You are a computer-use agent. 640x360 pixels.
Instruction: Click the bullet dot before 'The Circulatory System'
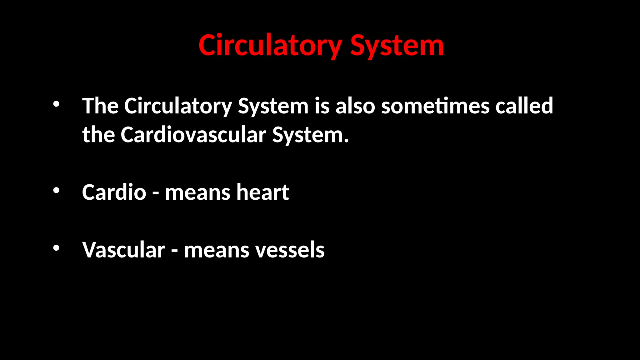click(56, 104)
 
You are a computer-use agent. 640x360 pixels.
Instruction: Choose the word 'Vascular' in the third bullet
click(124, 250)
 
